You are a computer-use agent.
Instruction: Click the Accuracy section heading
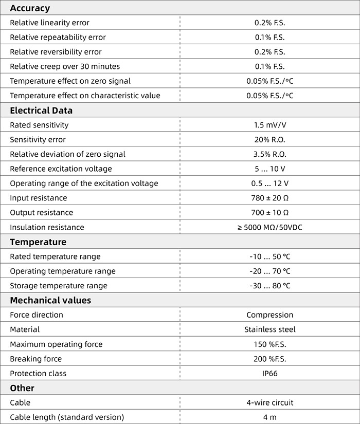pos(30,8)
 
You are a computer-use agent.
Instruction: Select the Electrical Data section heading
pos(41,110)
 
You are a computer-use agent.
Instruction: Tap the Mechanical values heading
pos(50,300)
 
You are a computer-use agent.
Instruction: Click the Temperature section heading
pos(38,242)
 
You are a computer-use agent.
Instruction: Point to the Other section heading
pos(22,388)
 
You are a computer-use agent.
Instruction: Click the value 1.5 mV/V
pos(269,125)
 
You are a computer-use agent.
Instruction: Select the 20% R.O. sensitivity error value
pos(269,140)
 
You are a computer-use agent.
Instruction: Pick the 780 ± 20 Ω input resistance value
pos(269,198)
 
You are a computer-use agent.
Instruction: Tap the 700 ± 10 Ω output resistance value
pos(269,213)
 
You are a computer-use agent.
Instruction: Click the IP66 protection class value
pos(269,374)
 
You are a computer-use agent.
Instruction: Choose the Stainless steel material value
pos(269,329)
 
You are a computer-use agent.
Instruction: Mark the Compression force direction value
pos(269,315)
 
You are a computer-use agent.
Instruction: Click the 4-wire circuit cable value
pos(269,403)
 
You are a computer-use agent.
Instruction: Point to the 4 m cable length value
pos(269,417)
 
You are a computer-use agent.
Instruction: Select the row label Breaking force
pos(35,359)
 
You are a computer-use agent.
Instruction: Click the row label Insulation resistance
pos(47,227)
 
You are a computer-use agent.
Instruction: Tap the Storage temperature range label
pos(59,286)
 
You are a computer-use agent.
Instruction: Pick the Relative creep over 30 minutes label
pos(65,66)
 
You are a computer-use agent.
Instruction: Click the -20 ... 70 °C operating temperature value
pos(269,271)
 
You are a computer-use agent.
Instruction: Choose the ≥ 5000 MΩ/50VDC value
pos(269,227)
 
